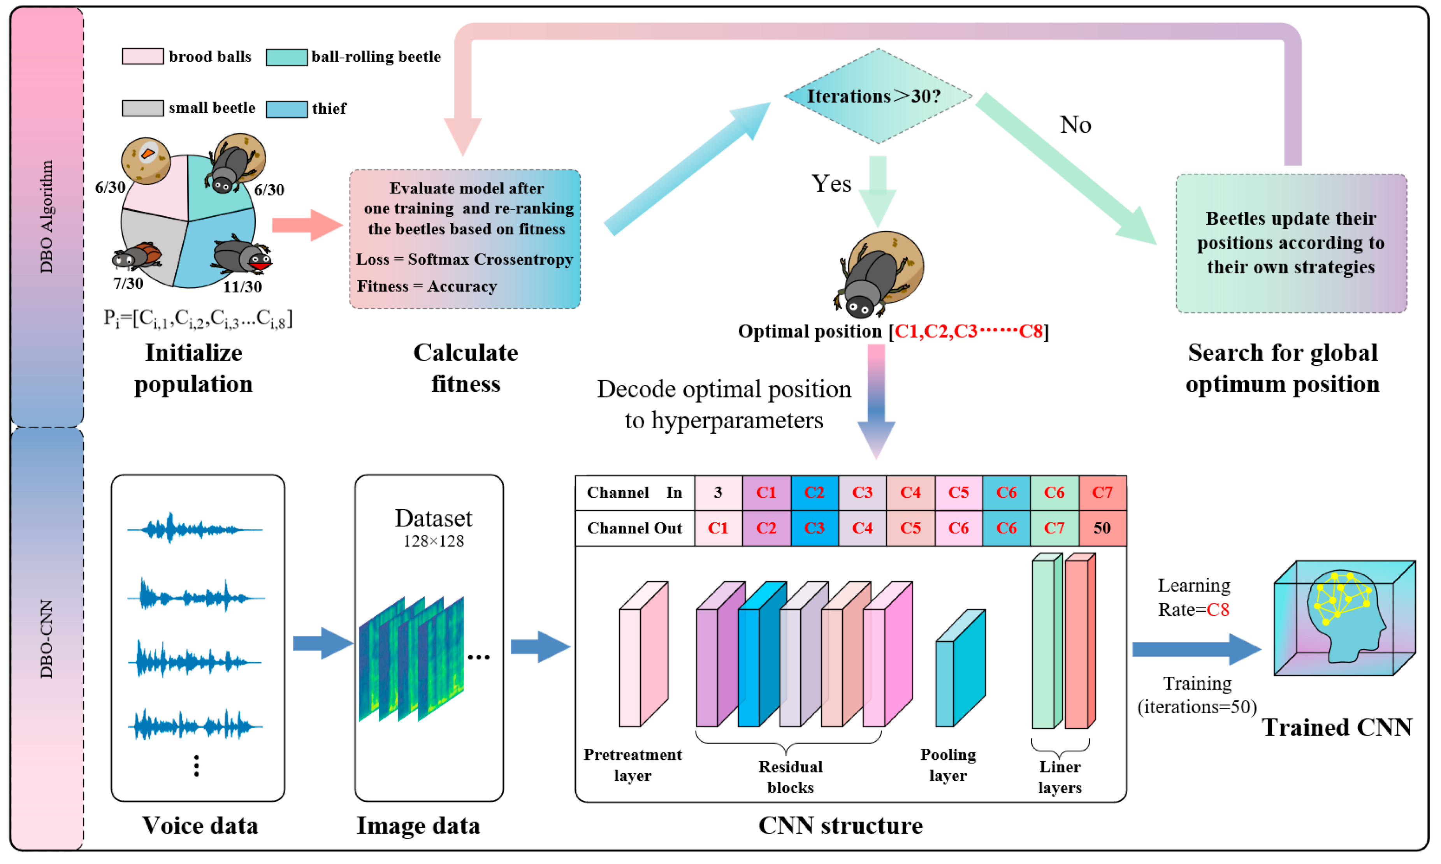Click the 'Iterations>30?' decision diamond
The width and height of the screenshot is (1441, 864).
[x=878, y=96]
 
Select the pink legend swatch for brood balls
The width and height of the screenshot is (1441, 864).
[x=142, y=56]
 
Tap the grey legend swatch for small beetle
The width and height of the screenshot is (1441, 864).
[x=142, y=108]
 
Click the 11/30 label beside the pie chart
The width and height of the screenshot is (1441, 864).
[x=242, y=287]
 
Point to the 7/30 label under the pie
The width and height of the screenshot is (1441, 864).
[x=128, y=283]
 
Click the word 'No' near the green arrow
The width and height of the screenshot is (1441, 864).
[x=1075, y=125]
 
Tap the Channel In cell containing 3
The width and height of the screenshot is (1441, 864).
[x=718, y=493]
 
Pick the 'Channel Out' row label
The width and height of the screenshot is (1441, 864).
[x=634, y=528]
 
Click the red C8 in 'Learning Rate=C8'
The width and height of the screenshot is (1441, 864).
[x=1218, y=610]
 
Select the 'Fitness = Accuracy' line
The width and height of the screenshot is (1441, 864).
[x=427, y=287]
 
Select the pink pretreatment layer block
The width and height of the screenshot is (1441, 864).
[x=643, y=654]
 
